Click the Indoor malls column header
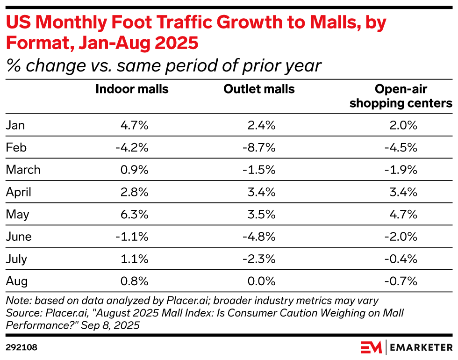132,89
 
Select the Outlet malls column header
259,89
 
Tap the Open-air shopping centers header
401,96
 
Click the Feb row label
16,147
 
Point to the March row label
23,169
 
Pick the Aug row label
17,281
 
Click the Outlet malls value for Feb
259,147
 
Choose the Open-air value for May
403,214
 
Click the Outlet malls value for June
259,237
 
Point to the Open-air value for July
401,259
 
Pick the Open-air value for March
401,169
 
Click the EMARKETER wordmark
421,347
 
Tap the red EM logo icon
372,347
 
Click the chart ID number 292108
21,348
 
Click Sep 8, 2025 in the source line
109,324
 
